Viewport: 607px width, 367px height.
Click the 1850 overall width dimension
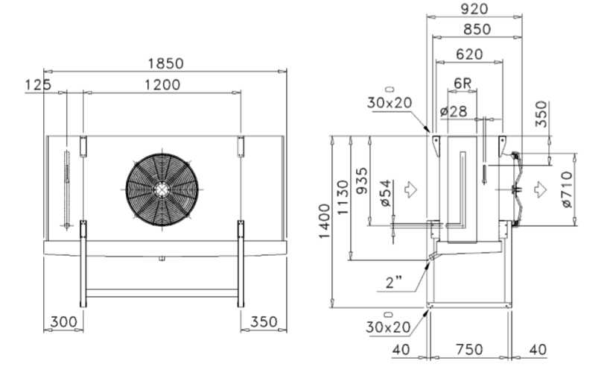click(x=165, y=63)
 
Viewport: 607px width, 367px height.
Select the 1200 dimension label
click(x=162, y=85)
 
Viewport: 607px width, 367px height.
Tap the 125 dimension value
click(x=38, y=85)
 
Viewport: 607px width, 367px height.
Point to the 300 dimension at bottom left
click(x=64, y=321)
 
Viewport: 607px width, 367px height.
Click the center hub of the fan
click(x=161, y=189)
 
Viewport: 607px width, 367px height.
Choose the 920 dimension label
click(x=474, y=8)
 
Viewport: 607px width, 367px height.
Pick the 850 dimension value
click(x=477, y=29)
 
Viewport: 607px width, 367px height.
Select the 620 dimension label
click(x=469, y=54)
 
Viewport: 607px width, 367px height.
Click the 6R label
click(x=463, y=83)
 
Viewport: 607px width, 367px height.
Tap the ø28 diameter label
click(x=454, y=112)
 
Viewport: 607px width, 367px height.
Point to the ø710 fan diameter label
click(x=567, y=189)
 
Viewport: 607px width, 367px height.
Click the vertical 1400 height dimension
click(x=325, y=222)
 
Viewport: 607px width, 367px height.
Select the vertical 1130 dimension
click(x=343, y=197)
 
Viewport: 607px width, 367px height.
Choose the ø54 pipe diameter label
click(x=387, y=193)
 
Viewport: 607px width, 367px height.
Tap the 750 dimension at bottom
click(x=469, y=350)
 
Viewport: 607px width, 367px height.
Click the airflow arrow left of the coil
click(x=410, y=189)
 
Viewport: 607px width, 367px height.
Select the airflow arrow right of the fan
click(x=540, y=189)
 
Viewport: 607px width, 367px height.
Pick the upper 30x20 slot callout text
click(x=390, y=103)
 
